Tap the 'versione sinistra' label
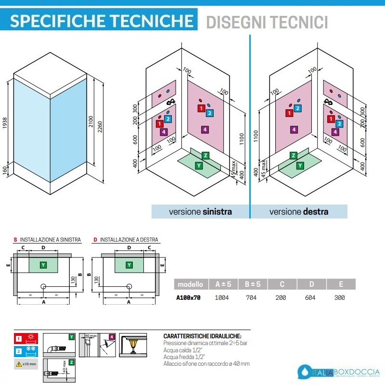click(200, 212)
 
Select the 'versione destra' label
click(299, 212)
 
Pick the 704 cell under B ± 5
click(251, 298)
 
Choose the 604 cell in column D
click(310, 298)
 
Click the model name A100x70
click(188, 298)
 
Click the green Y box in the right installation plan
click(129, 265)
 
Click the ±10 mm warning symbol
click(19, 364)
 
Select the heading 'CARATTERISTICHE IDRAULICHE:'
click(202, 336)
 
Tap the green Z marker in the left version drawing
click(205, 155)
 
